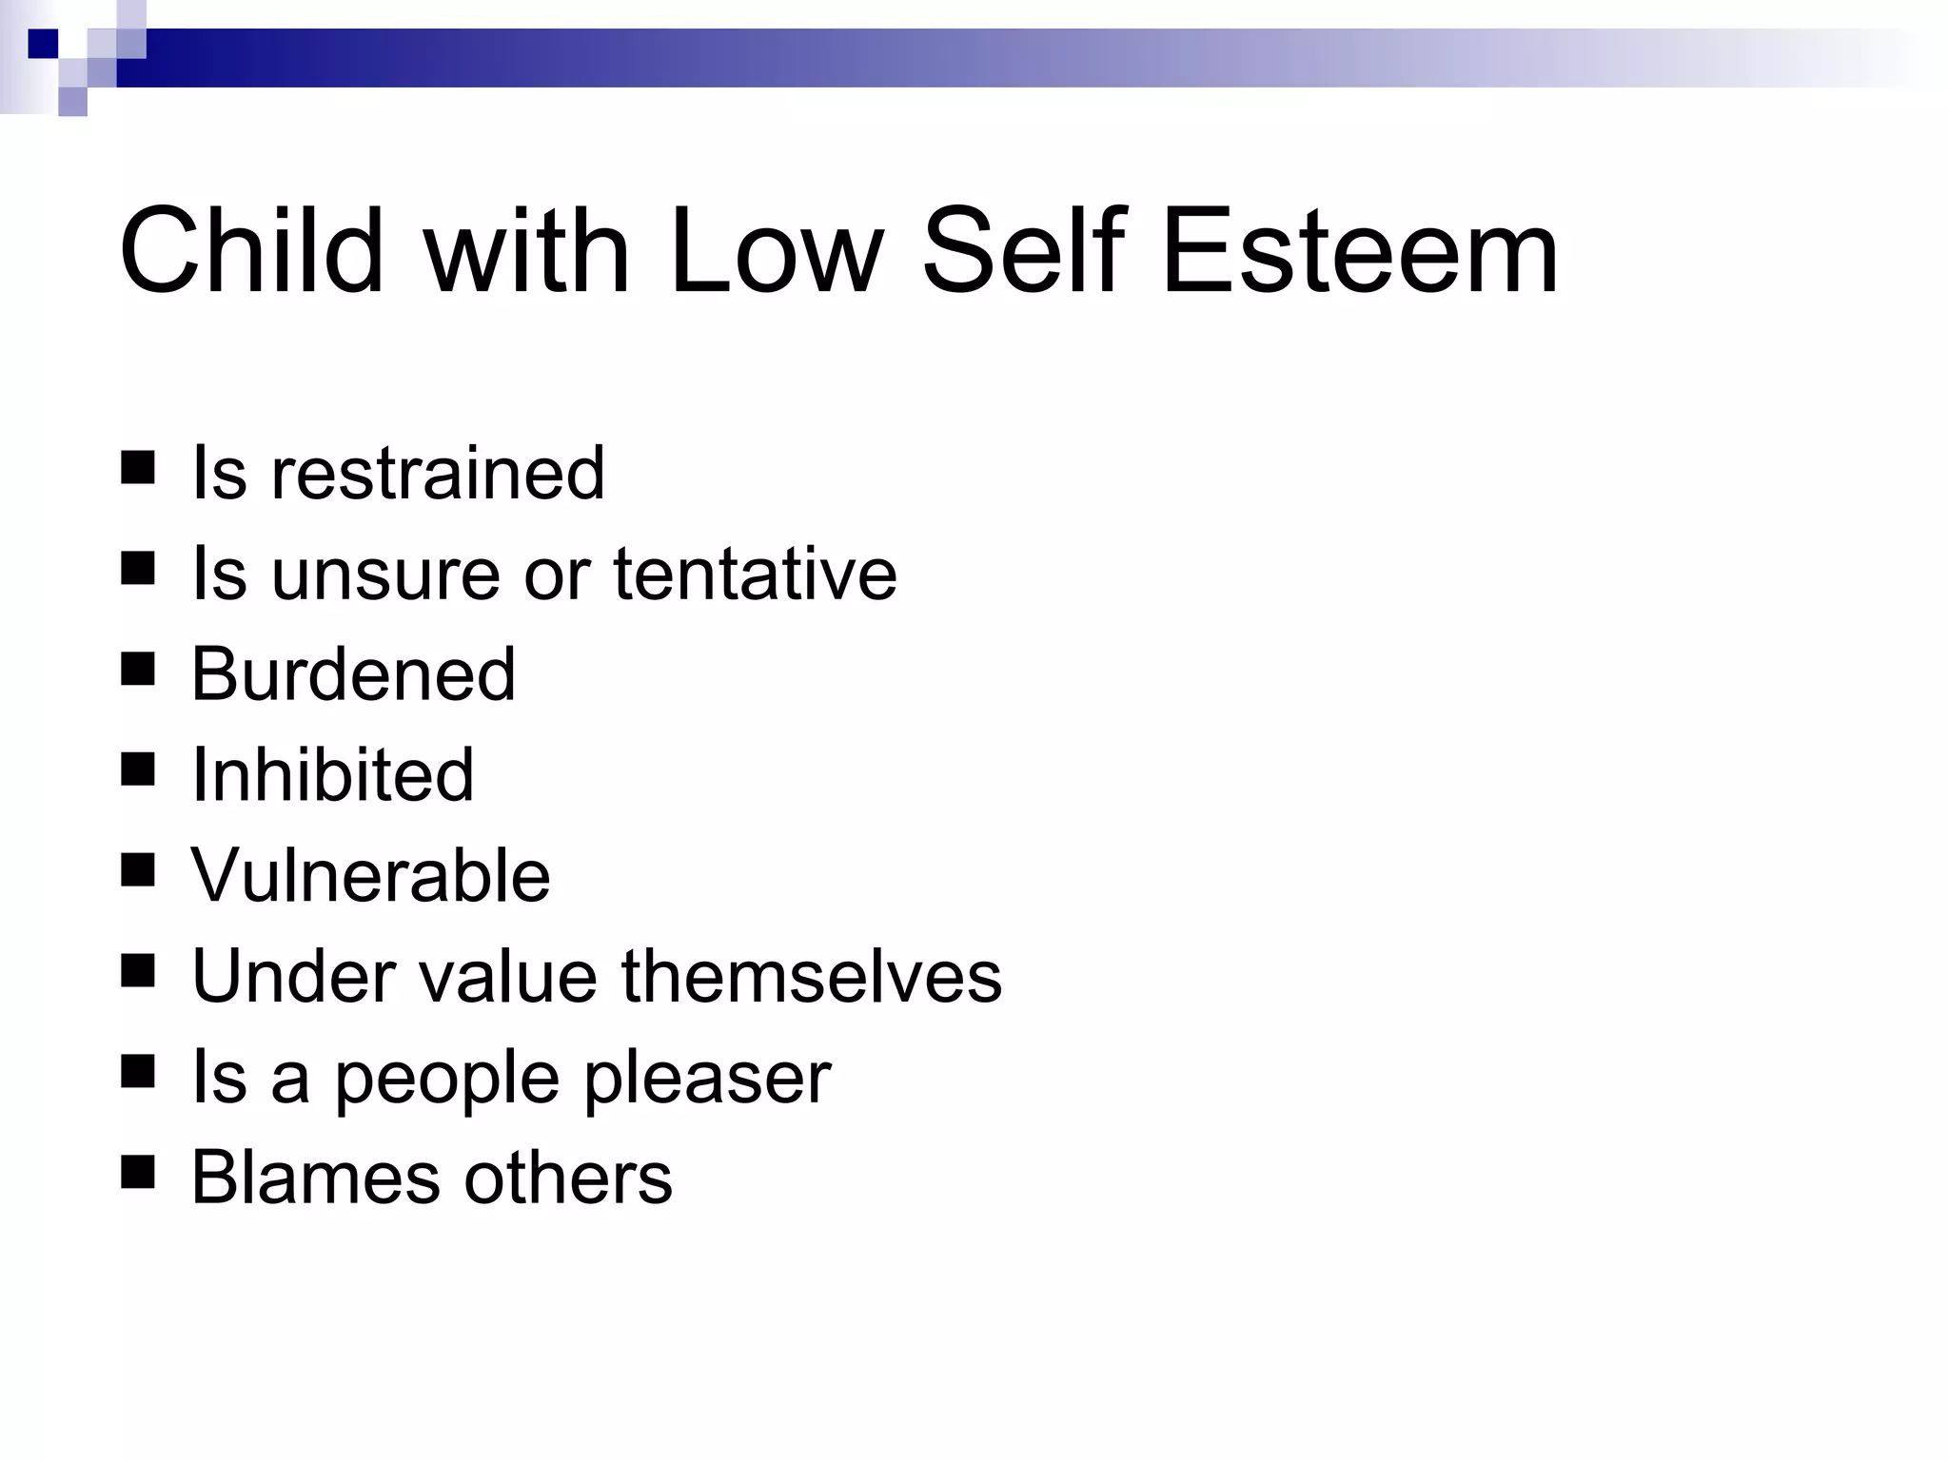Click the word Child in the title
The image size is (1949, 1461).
[251, 251]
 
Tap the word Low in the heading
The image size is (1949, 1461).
[776, 251]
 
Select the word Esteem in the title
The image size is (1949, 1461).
[1360, 251]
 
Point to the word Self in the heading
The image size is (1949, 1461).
[1024, 251]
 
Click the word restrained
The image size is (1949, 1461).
[438, 473]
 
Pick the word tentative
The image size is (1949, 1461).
[755, 574]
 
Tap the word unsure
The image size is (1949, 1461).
[385, 574]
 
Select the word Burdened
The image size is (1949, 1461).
[353, 674]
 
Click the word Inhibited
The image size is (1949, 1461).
[332, 775]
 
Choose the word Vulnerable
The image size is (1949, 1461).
[370, 875]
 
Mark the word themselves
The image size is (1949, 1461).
[812, 976]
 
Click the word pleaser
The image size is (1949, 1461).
[707, 1078]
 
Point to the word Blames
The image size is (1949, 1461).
[315, 1178]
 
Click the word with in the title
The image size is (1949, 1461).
[526, 251]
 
